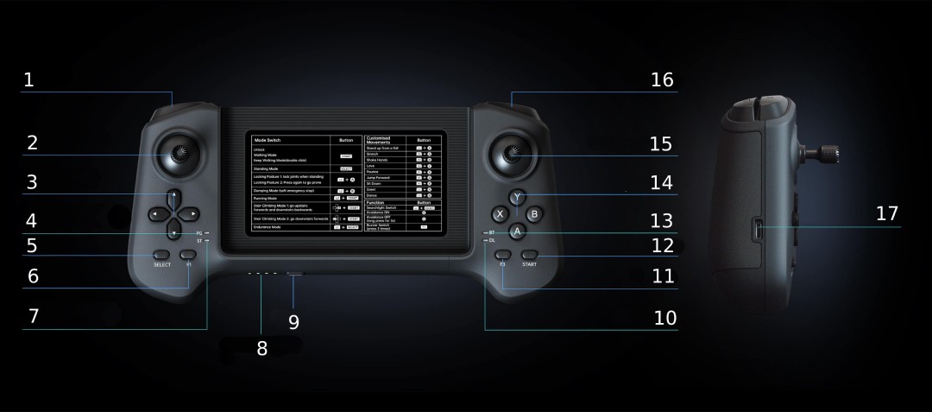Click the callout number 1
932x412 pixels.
pyautogui.click(x=28, y=80)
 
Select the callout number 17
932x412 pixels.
pyautogui.click(x=886, y=213)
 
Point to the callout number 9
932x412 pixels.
pyautogui.click(x=293, y=322)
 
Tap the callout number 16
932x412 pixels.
pyautogui.click(x=662, y=80)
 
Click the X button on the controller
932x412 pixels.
pyautogui.click(x=499, y=213)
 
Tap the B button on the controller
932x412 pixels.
pyautogui.click(x=534, y=213)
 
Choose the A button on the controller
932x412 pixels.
pyautogui.click(x=516, y=231)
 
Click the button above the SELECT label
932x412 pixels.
pyautogui.click(x=161, y=255)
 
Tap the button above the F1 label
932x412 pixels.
pyautogui.click(x=189, y=255)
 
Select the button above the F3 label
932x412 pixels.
pyautogui.click(x=502, y=255)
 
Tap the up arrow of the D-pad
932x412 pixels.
pyautogui.click(x=173, y=195)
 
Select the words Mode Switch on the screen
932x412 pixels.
pyautogui.click(x=267, y=139)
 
